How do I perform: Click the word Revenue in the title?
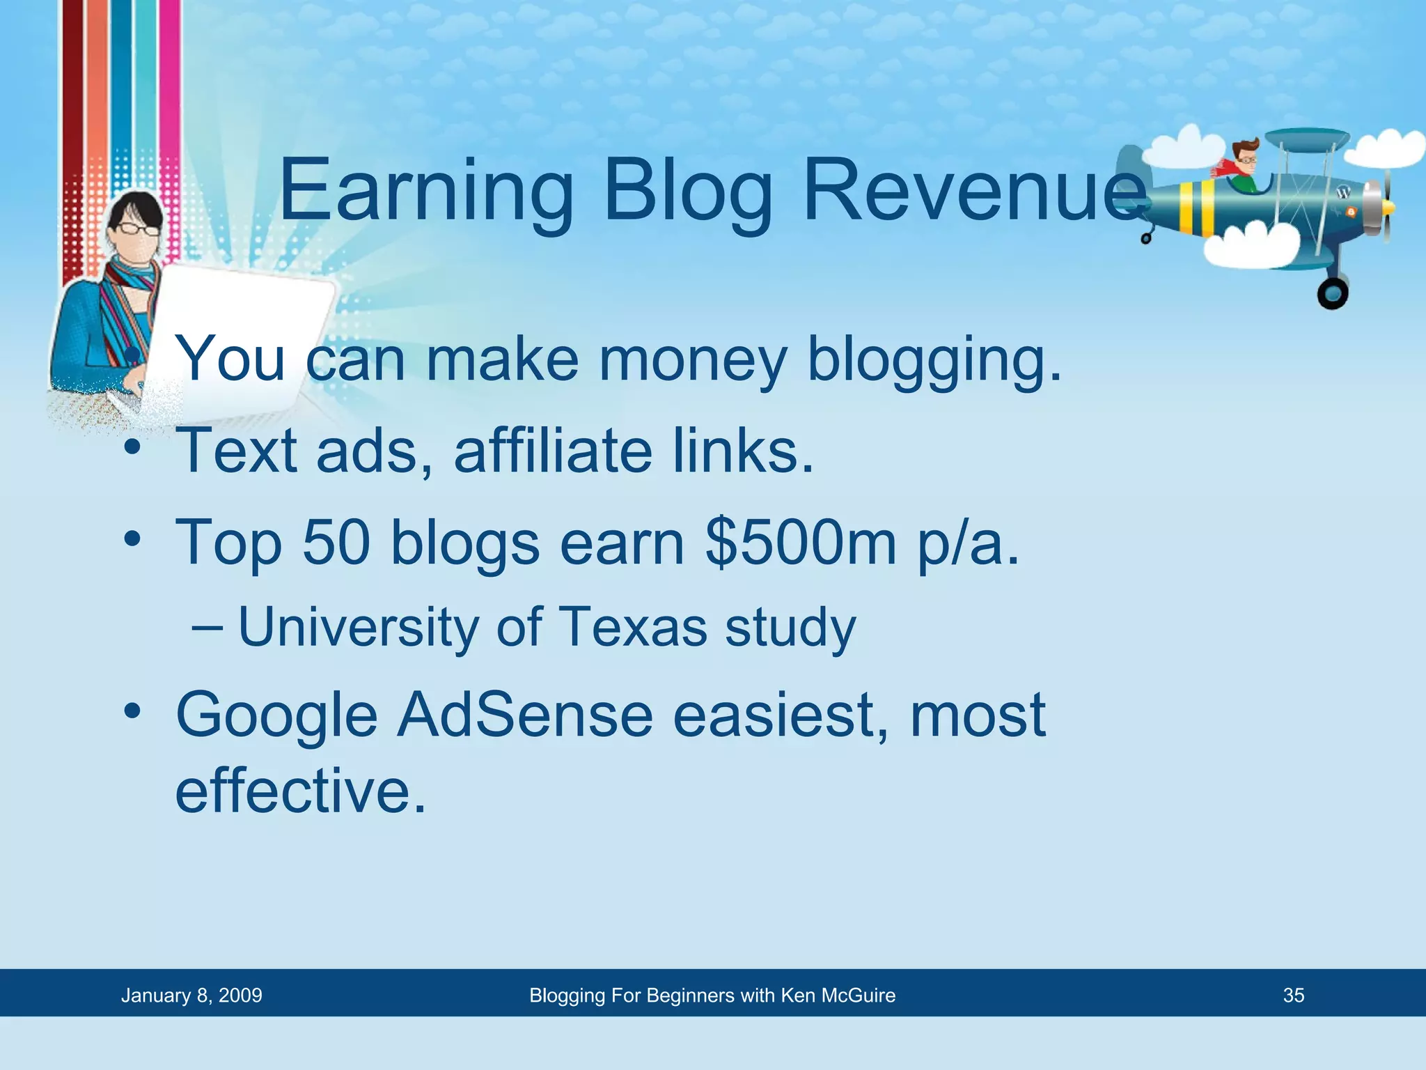pos(975,189)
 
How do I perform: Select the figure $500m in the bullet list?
pos(801,543)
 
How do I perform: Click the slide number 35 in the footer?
pos(1293,995)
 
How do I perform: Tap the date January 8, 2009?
pos(191,995)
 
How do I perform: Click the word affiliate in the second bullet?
pos(554,451)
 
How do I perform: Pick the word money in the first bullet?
pos(693,360)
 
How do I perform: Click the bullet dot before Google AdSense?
pos(132,712)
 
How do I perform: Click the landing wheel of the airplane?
pos(1332,293)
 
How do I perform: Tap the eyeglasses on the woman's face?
pos(136,228)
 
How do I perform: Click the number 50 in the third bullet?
pos(336,543)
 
